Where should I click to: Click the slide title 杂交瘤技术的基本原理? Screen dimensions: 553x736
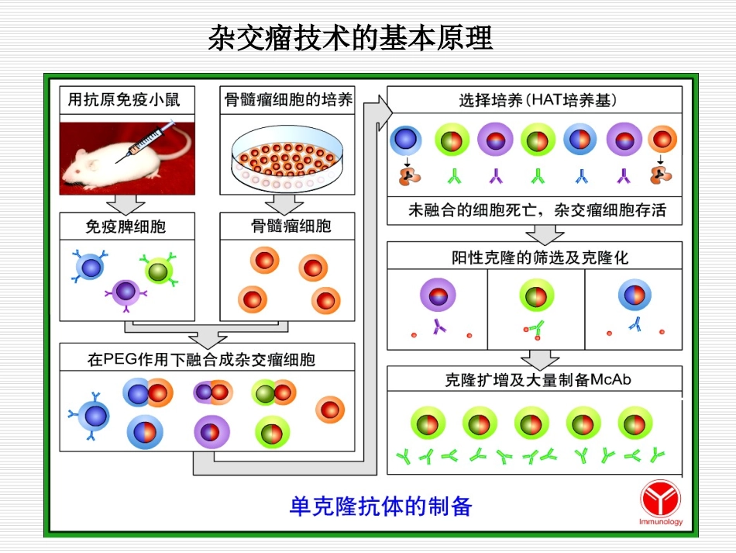(x=351, y=37)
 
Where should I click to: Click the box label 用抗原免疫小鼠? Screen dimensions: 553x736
(x=124, y=100)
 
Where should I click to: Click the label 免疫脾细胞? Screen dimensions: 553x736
(x=126, y=226)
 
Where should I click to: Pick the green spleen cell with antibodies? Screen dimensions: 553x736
(x=158, y=271)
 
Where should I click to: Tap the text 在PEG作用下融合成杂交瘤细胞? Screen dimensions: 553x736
(x=201, y=359)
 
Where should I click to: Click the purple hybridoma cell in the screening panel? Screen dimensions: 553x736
(x=438, y=296)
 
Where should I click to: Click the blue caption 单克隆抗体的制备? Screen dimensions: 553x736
(x=380, y=506)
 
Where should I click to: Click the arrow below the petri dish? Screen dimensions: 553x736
(x=284, y=205)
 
